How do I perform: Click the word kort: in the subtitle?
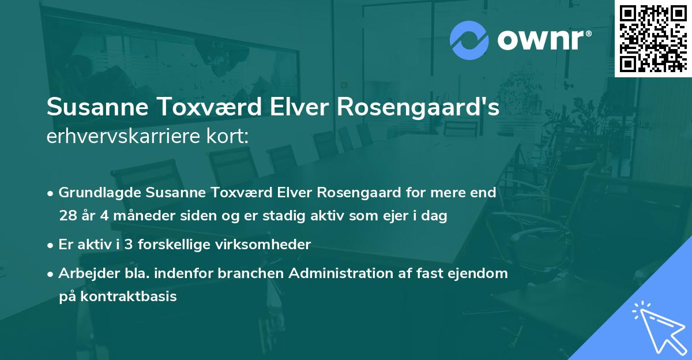tap(232, 137)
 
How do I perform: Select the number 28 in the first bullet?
tap(67, 216)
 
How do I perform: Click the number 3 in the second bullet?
tap(129, 245)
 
